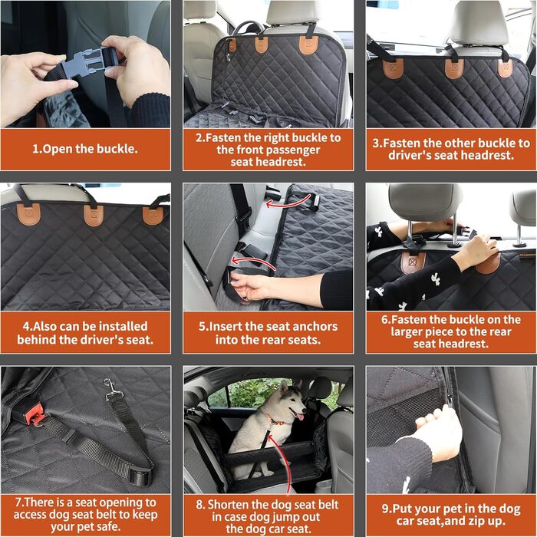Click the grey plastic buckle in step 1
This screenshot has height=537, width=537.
point(88,64)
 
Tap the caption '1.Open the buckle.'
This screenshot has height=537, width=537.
point(85,149)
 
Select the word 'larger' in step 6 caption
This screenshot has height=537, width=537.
point(406,332)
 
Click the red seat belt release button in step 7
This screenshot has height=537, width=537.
point(35,414)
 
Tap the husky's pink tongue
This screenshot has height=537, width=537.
point(300,417)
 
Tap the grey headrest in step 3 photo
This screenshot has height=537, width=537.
point(479,25)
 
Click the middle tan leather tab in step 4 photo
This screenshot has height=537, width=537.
point(94,216)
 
